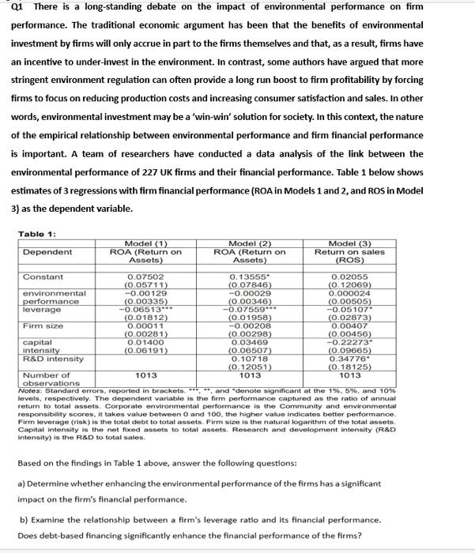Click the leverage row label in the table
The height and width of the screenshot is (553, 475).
tap(40, 309)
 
